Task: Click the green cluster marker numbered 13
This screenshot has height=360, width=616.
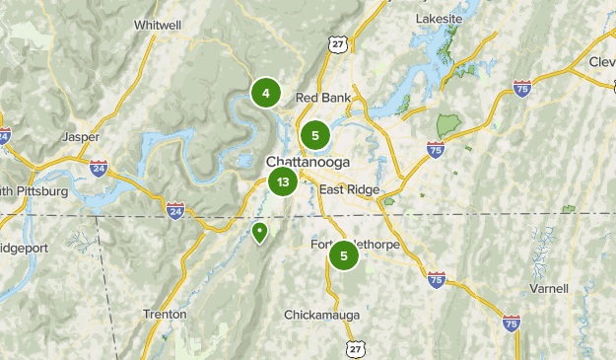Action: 283,181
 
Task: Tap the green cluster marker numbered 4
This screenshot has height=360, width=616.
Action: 265,93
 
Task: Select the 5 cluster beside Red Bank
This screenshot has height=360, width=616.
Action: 314,135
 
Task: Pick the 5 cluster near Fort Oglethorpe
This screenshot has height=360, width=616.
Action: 343,256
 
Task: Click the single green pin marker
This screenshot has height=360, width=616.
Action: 259,232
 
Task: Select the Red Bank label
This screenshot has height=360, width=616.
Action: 322,98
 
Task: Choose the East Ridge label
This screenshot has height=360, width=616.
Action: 348,190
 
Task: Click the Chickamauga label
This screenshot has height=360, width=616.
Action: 321,315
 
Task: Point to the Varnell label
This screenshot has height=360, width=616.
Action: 548,288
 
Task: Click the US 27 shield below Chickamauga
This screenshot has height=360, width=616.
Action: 355,349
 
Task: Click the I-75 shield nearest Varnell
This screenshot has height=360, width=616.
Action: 511,323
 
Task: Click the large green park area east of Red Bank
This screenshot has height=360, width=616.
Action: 448,125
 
